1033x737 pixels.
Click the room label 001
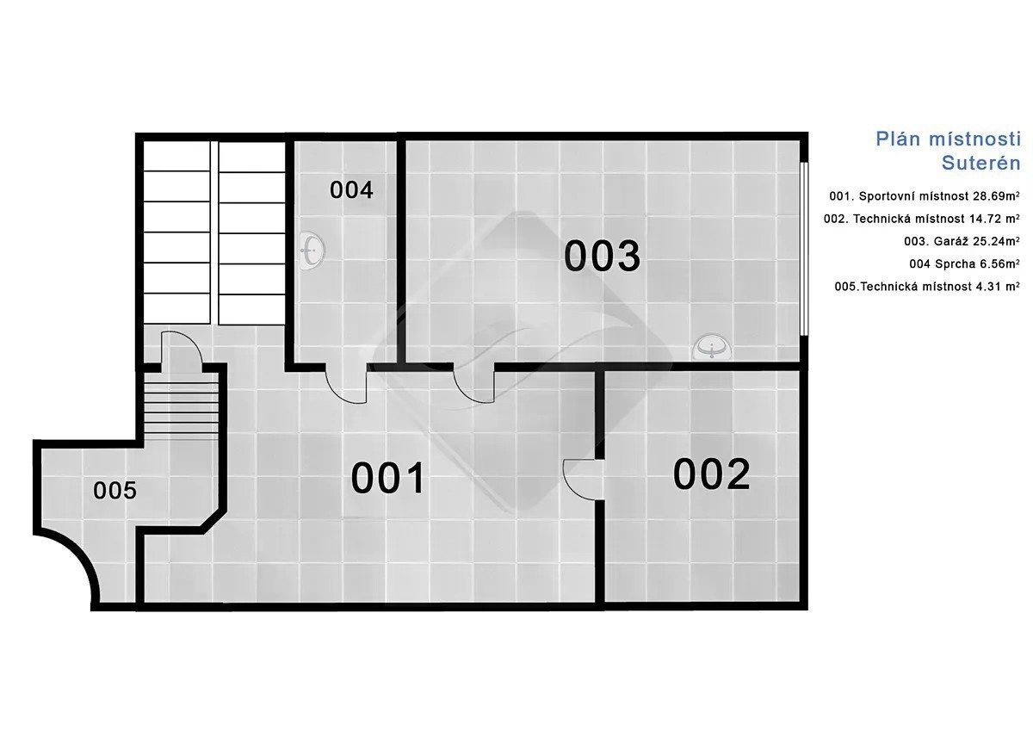tap(387, 478)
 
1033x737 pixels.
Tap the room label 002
tap(711, 474)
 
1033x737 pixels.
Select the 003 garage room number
tap(603, 255)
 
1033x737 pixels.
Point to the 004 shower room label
tap(351, 190)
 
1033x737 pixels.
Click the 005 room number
tap(114, 490)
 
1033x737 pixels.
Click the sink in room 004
tap(312, 251)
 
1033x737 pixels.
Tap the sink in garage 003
tap(712, 347)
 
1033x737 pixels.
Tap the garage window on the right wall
tap(804, 248)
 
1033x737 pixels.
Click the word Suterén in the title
tap(980, 163)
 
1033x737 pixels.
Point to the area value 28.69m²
tap(996, 196)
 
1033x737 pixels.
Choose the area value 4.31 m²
tap(998, 287)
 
